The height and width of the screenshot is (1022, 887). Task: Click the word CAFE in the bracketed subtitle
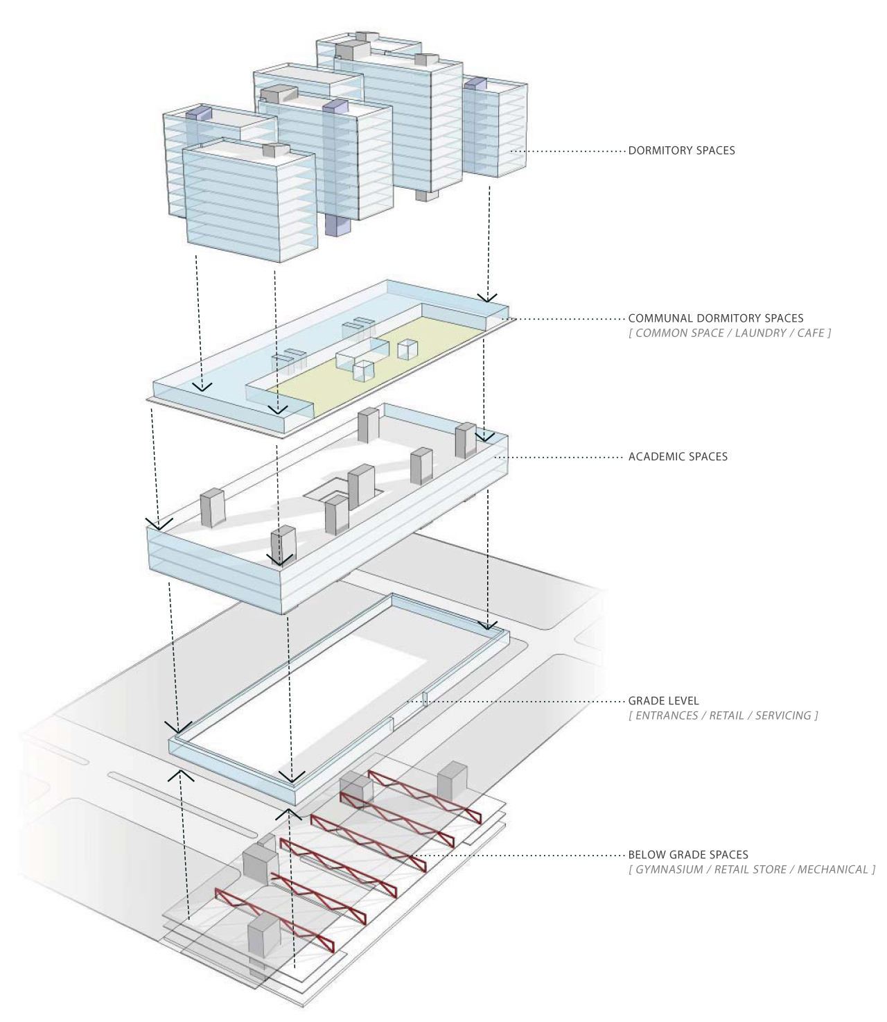tap(811, 334)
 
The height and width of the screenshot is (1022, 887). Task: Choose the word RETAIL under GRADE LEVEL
tap(726, 716)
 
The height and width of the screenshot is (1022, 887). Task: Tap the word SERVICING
tap(783, 716)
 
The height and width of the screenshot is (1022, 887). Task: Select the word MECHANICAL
tap(832, 869)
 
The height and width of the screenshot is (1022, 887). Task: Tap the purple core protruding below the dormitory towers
tap(338, 225)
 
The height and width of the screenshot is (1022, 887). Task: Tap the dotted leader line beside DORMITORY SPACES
tap(568, 151)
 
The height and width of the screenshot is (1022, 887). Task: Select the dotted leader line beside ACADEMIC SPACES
tap(559, 457)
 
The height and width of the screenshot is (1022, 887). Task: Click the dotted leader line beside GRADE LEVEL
tap(516, 702)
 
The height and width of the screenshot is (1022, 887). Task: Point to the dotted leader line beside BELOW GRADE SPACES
tap(520, 855)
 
